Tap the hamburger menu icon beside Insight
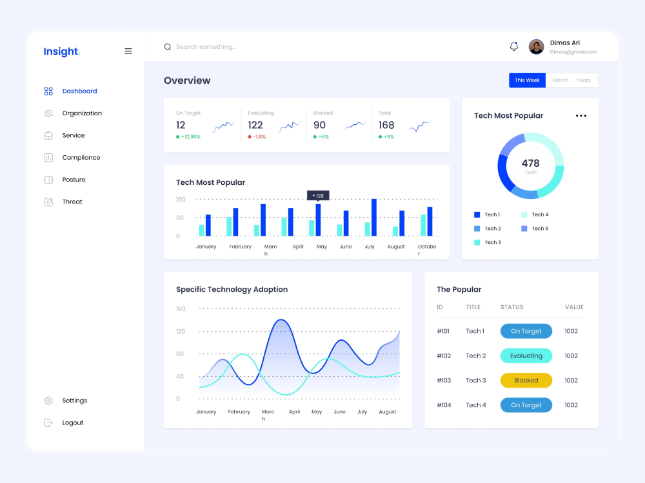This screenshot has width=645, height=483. [x=128, y=52]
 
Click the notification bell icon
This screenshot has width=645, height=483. [x=514, y=46]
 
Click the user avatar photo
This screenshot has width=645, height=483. [x=537, y=47]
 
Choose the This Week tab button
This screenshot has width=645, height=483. [x=528, y=80]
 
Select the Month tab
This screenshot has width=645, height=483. [x=561, y=80]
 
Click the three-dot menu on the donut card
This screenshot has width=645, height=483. [x=581, y=116]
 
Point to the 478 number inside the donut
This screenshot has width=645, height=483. [x=531, y=163]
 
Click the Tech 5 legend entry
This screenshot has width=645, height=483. [x=535, y=229]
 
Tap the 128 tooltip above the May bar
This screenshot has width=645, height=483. [x=318, y=196]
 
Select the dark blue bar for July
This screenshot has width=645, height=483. [x=374, y=218]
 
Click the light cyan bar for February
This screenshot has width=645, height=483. [x=229, y=227]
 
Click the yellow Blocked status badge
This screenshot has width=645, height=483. [x=526, y=381]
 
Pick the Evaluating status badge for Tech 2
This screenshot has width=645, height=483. [x=526, y=355]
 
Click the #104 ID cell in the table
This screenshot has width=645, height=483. [x=444, y=405]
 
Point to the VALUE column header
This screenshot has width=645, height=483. [x=574, y=307]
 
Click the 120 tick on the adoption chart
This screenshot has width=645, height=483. [x=181, y=332]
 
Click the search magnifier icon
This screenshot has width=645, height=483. [x=168, y=47]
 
